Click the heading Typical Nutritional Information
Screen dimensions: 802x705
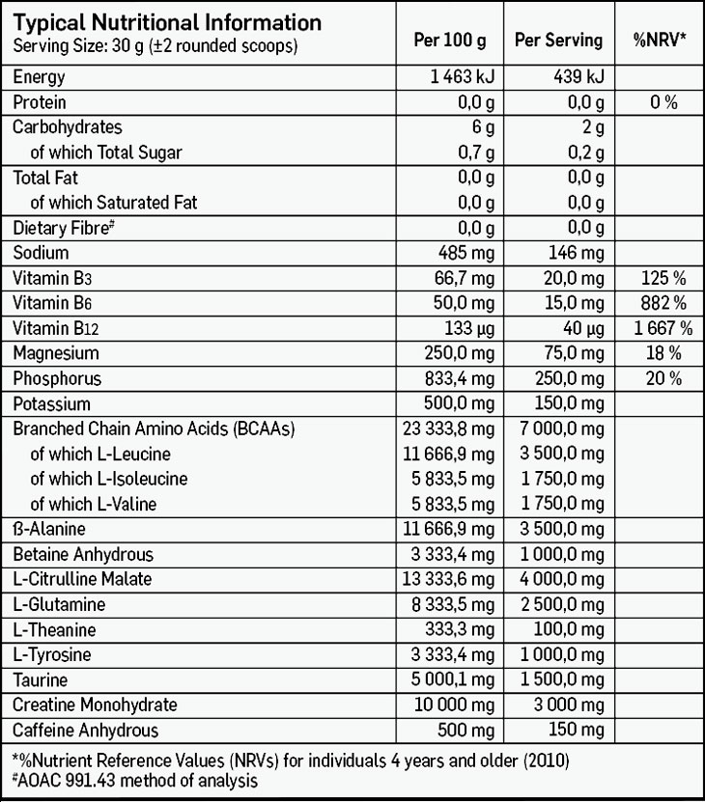(166, 22)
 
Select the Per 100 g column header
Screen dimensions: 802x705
(449, 41)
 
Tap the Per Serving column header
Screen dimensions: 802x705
(558, 41)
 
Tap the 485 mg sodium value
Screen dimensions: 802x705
(466, 253)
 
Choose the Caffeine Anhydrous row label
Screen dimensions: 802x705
(85, 731)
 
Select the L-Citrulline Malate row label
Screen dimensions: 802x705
(82, 579)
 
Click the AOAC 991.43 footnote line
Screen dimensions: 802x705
(134, 780)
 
